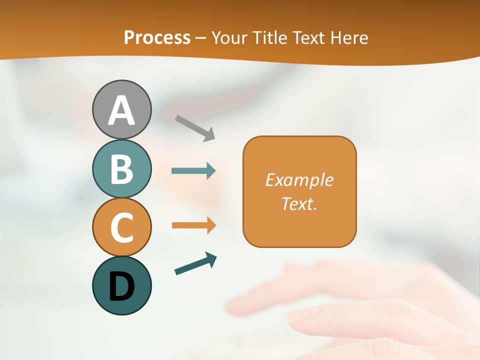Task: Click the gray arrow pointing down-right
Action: [195, 127]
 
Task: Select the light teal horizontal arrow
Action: [193, 171]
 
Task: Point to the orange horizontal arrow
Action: [193, 225]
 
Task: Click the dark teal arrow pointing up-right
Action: [195, 264]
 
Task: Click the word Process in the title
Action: [157, 38]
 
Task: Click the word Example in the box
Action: [299, 180]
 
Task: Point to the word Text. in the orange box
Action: [299, 203]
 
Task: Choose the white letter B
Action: [122, 169]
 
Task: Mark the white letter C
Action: [122, 227]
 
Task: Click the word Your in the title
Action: [229, 38]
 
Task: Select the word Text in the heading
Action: [308, 38]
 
